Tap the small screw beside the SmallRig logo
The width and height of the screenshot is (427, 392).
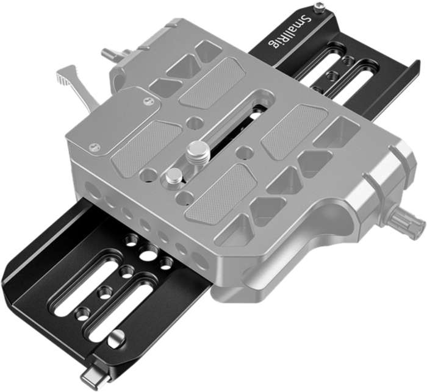tap(319, 8)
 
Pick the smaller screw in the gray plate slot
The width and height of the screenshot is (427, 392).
tap(173, 177)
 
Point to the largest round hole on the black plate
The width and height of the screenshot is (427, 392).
tap(148, 255)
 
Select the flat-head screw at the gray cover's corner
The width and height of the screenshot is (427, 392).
tap(93, 146)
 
